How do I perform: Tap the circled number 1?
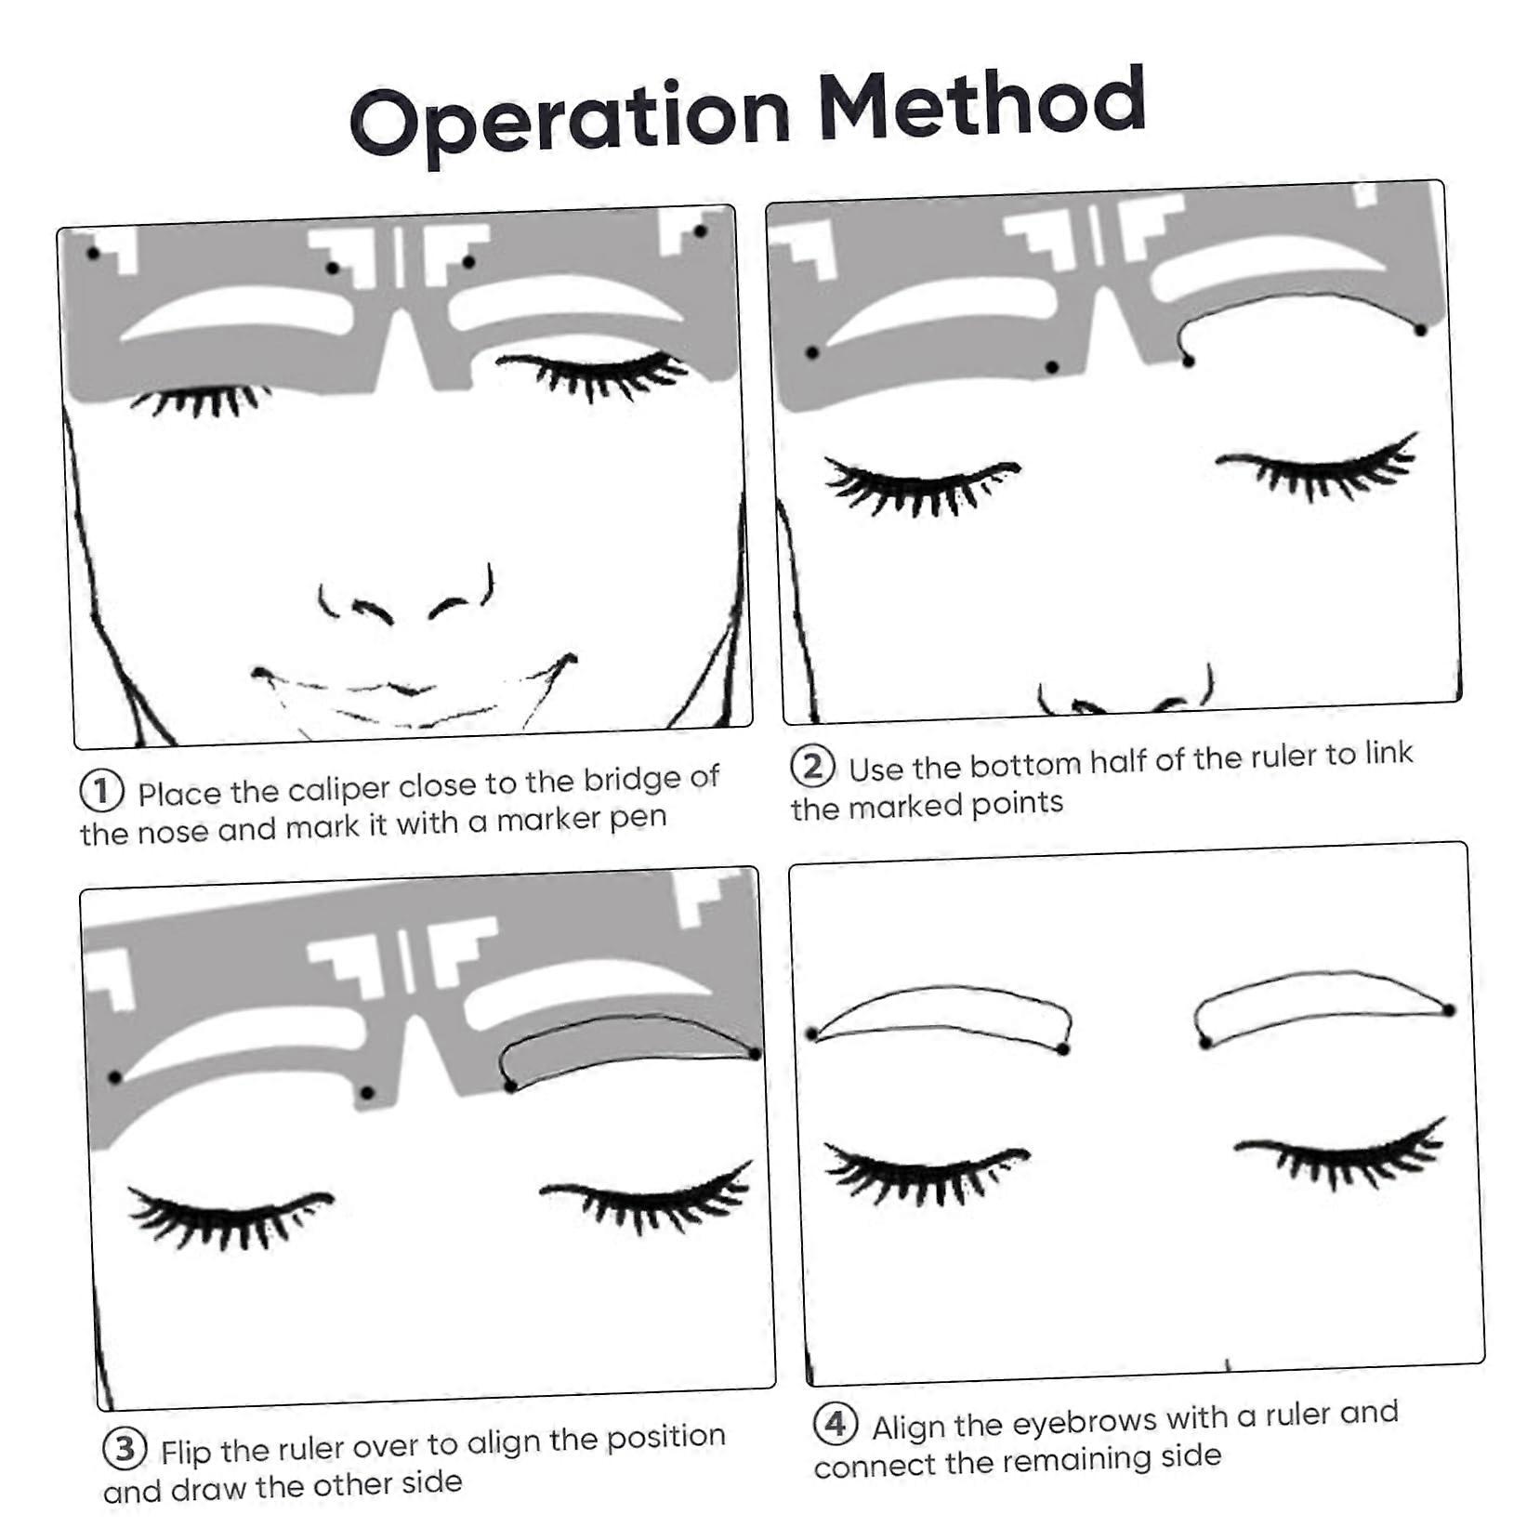[101, 791]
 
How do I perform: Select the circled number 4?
[835, 1424]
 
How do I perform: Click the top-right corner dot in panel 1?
[700, 231]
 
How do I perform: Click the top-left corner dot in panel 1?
[92, 253]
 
